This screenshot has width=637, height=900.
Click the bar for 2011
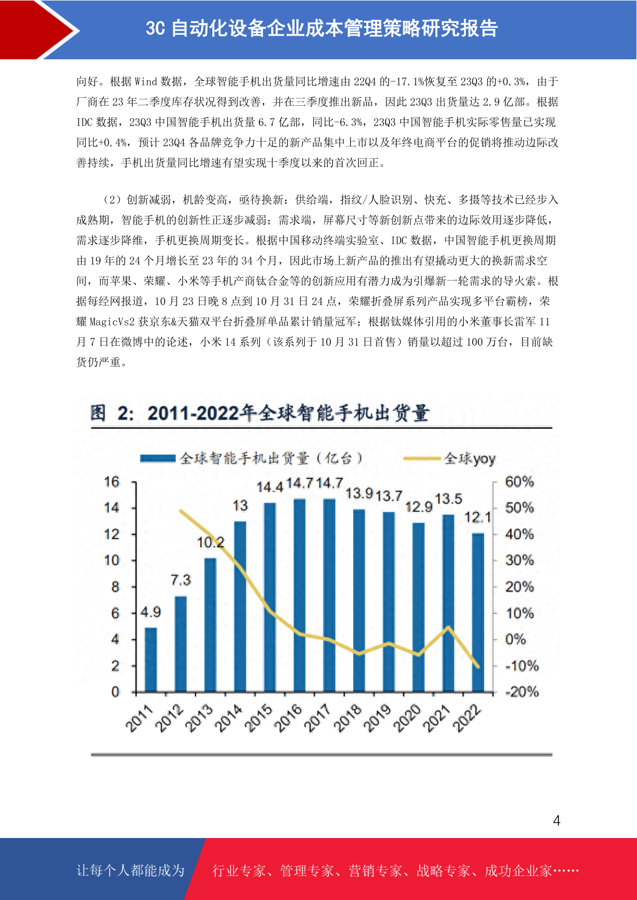(151, 660)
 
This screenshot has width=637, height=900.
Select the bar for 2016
(300, 595)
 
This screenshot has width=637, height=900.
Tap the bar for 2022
(478, 612)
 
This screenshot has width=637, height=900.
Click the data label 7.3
(181, 580)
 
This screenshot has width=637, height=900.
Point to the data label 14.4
(270, 487)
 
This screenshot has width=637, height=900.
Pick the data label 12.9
(419, 507)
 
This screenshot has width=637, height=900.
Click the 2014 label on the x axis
(229, 718)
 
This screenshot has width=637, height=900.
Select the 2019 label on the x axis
(377, 718)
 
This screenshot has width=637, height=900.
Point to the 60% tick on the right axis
(519, 482)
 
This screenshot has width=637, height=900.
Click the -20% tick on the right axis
(522, 692)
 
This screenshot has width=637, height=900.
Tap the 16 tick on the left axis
(112, 482)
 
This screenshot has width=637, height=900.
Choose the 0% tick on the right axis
(516, 639)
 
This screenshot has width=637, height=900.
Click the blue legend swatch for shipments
(158, 459)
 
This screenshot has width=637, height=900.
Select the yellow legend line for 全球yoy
(422, 459)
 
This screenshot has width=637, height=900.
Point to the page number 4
(557, 820)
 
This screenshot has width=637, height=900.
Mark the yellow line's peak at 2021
(448, 627)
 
